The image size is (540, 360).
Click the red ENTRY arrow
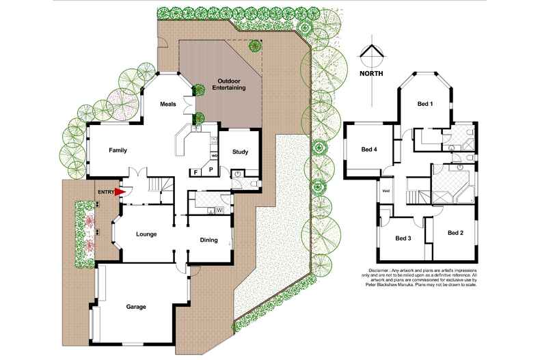click(x=120, y=193)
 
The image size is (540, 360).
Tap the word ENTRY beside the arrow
click(x=105, y=193)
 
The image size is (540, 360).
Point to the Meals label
click(x=168, y=104)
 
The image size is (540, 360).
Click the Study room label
click(x=240, y=152)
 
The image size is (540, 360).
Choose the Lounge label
click(x=146, y=234)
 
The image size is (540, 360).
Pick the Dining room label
click(x=208, y=240)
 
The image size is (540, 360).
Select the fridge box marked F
click(x=195, y=171)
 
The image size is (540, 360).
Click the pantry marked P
click(x=211, y=169)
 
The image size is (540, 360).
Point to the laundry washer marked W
click(x=220, y=209)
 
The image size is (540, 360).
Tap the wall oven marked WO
click(x=214, y=156)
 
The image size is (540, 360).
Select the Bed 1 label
click(x=426, y=104)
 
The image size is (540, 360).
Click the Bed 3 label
click(x=403, y=238)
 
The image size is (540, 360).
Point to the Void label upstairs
click(x=386, y=191)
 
